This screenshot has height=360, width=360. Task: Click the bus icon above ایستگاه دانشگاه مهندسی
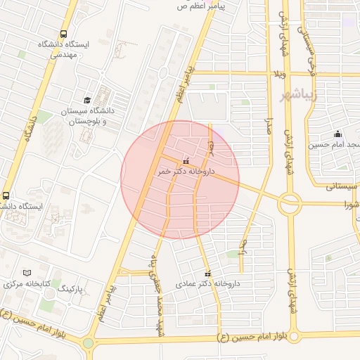[x=64, y=34]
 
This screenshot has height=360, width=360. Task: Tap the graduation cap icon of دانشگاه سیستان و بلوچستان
[x=87, y=101]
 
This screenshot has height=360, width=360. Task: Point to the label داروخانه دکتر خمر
[x=185, y=171]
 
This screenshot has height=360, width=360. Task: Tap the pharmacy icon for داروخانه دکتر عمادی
[x=207, y=274]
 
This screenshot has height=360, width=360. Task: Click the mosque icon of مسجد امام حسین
[x=338, y=134]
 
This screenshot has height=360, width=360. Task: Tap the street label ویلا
[x=280, y=72]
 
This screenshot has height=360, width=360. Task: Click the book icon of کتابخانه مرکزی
[x=27, y=273]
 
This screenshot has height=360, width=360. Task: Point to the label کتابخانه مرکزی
[x=26, y=284]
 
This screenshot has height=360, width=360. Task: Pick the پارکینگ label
[x=70, y=289]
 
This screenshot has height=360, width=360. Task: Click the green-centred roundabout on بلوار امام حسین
[x=88, y=344]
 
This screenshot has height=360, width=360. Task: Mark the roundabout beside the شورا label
[x=290, y=203]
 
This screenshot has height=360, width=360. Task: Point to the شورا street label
[x=350, y=205]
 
